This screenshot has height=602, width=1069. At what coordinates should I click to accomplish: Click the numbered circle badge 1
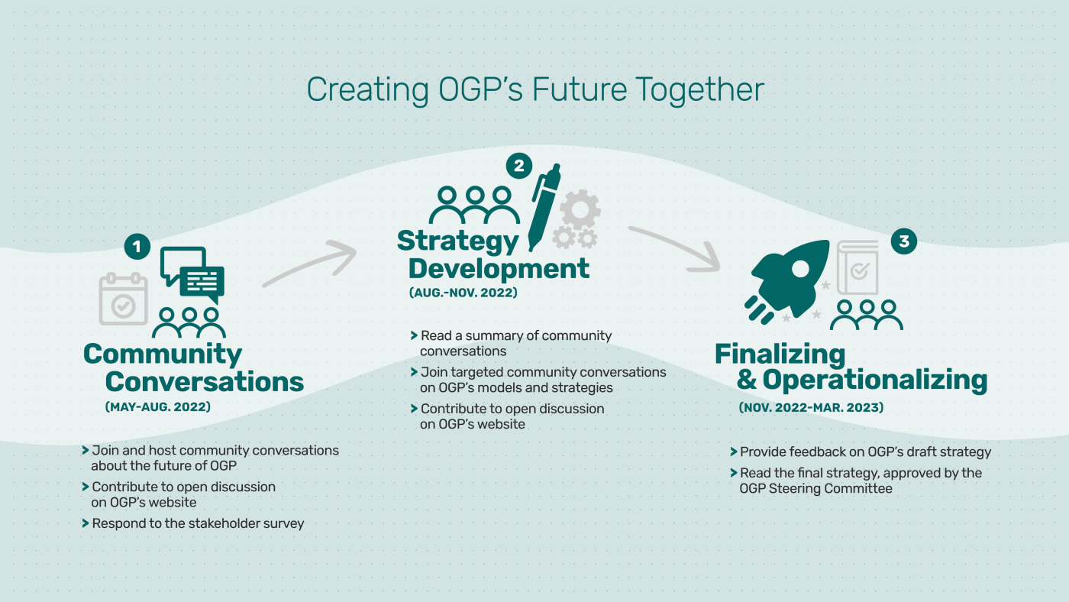coord(137,246)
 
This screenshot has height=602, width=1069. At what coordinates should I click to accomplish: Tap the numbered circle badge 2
coord(518,166)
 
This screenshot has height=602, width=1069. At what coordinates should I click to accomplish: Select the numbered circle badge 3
coord(904,241)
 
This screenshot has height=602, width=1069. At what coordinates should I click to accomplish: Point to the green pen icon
coord(545,205)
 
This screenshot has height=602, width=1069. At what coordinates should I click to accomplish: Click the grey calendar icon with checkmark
coord(123,299)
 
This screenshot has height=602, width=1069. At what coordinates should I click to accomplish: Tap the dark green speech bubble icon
coord(192,273)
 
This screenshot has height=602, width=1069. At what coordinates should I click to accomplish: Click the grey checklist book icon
coord(858,267)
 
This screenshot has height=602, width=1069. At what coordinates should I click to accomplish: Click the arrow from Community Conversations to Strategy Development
coord(309,264)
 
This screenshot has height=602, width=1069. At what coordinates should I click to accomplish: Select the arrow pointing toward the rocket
coord(676,249)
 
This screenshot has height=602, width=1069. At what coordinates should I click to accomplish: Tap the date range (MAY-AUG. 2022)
coord(157,407)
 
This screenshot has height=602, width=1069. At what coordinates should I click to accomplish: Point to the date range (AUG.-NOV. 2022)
coord(463,293)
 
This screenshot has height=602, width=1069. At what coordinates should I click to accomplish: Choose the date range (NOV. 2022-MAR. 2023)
coord(811,408)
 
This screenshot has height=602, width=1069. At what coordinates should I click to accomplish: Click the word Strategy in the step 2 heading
coord(458,241)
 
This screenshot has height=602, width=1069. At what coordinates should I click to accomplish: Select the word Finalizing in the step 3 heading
coord(780,354)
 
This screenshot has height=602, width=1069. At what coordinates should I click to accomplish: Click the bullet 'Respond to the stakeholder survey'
coord(198,523)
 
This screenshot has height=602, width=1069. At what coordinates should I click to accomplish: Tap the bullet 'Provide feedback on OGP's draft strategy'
coord(865,451)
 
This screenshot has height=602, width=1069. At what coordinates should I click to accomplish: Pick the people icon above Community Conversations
coord(189,322)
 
